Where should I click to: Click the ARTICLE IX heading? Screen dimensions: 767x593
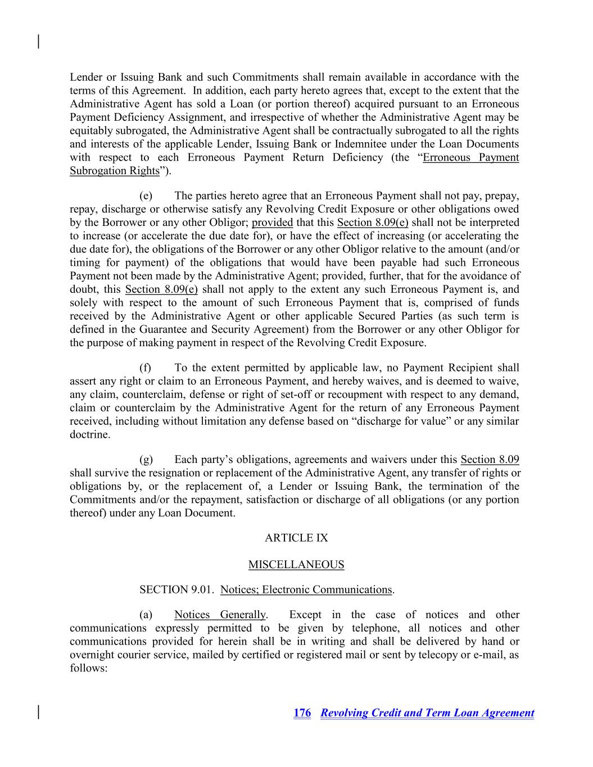[x=296, y=538]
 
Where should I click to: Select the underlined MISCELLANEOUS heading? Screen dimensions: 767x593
[x=296, y=565]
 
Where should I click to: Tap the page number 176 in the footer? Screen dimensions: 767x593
[x=302, y=713]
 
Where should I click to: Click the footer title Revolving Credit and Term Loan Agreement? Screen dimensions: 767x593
[x=427, y=713]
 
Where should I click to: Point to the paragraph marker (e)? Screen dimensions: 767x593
[x=146, y=196]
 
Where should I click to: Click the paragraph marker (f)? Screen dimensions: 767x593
[x=146, y=367]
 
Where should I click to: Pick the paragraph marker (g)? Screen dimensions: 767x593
[x=146, y=460]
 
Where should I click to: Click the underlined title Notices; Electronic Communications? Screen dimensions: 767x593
[x=306, y=589]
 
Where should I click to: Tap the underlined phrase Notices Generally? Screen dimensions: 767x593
[x=220, y=615]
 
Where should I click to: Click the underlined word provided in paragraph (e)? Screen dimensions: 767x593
[x=272, y=223]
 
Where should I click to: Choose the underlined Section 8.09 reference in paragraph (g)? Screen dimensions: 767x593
[x=490, y=460]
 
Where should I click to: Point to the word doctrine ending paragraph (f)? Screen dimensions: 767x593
[x=89, y=435]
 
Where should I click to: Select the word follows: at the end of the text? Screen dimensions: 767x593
[x=88, y=669]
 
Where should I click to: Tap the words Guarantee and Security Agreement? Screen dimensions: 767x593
[x=221, y=329]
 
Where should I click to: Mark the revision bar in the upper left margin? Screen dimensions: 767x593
[x=38, y=42]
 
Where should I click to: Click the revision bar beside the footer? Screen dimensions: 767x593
[x=38, y=712]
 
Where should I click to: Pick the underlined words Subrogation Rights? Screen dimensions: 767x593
[x=115, y=171]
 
